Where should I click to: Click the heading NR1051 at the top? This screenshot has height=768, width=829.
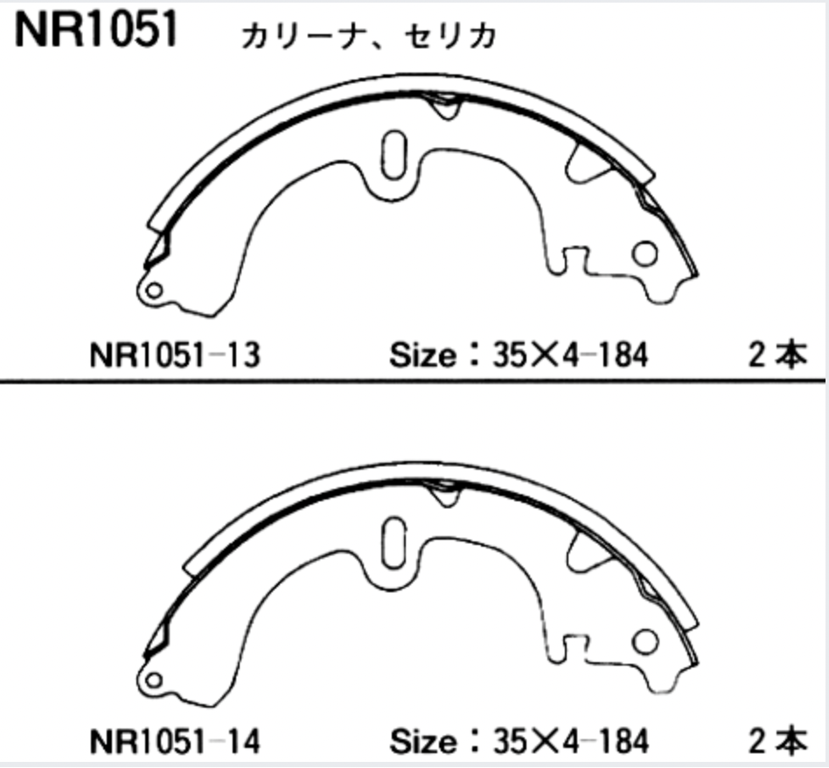[x=96, y=30]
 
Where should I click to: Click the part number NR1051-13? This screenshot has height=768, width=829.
[x=174, y=356]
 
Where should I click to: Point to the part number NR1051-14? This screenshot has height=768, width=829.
[x=174, y=743]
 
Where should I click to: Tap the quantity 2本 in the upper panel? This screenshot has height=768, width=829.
[x=777, y=356]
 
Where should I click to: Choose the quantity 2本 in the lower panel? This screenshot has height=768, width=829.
[x=777, y=743]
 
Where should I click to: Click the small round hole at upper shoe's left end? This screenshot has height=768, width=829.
[x=154, y=290]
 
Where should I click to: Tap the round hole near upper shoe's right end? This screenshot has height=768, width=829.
[x=644, y=254]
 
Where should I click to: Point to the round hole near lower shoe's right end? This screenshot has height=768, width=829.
[x=644, y=640]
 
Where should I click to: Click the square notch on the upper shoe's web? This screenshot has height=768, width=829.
[x=575, y=257]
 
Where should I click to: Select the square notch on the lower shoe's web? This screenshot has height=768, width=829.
[x=575, y=645]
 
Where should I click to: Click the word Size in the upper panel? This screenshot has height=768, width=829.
[x=421, y=356]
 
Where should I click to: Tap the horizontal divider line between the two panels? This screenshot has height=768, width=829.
[x=414, y=381]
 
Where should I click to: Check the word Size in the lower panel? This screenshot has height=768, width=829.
[x=421, y=743]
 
